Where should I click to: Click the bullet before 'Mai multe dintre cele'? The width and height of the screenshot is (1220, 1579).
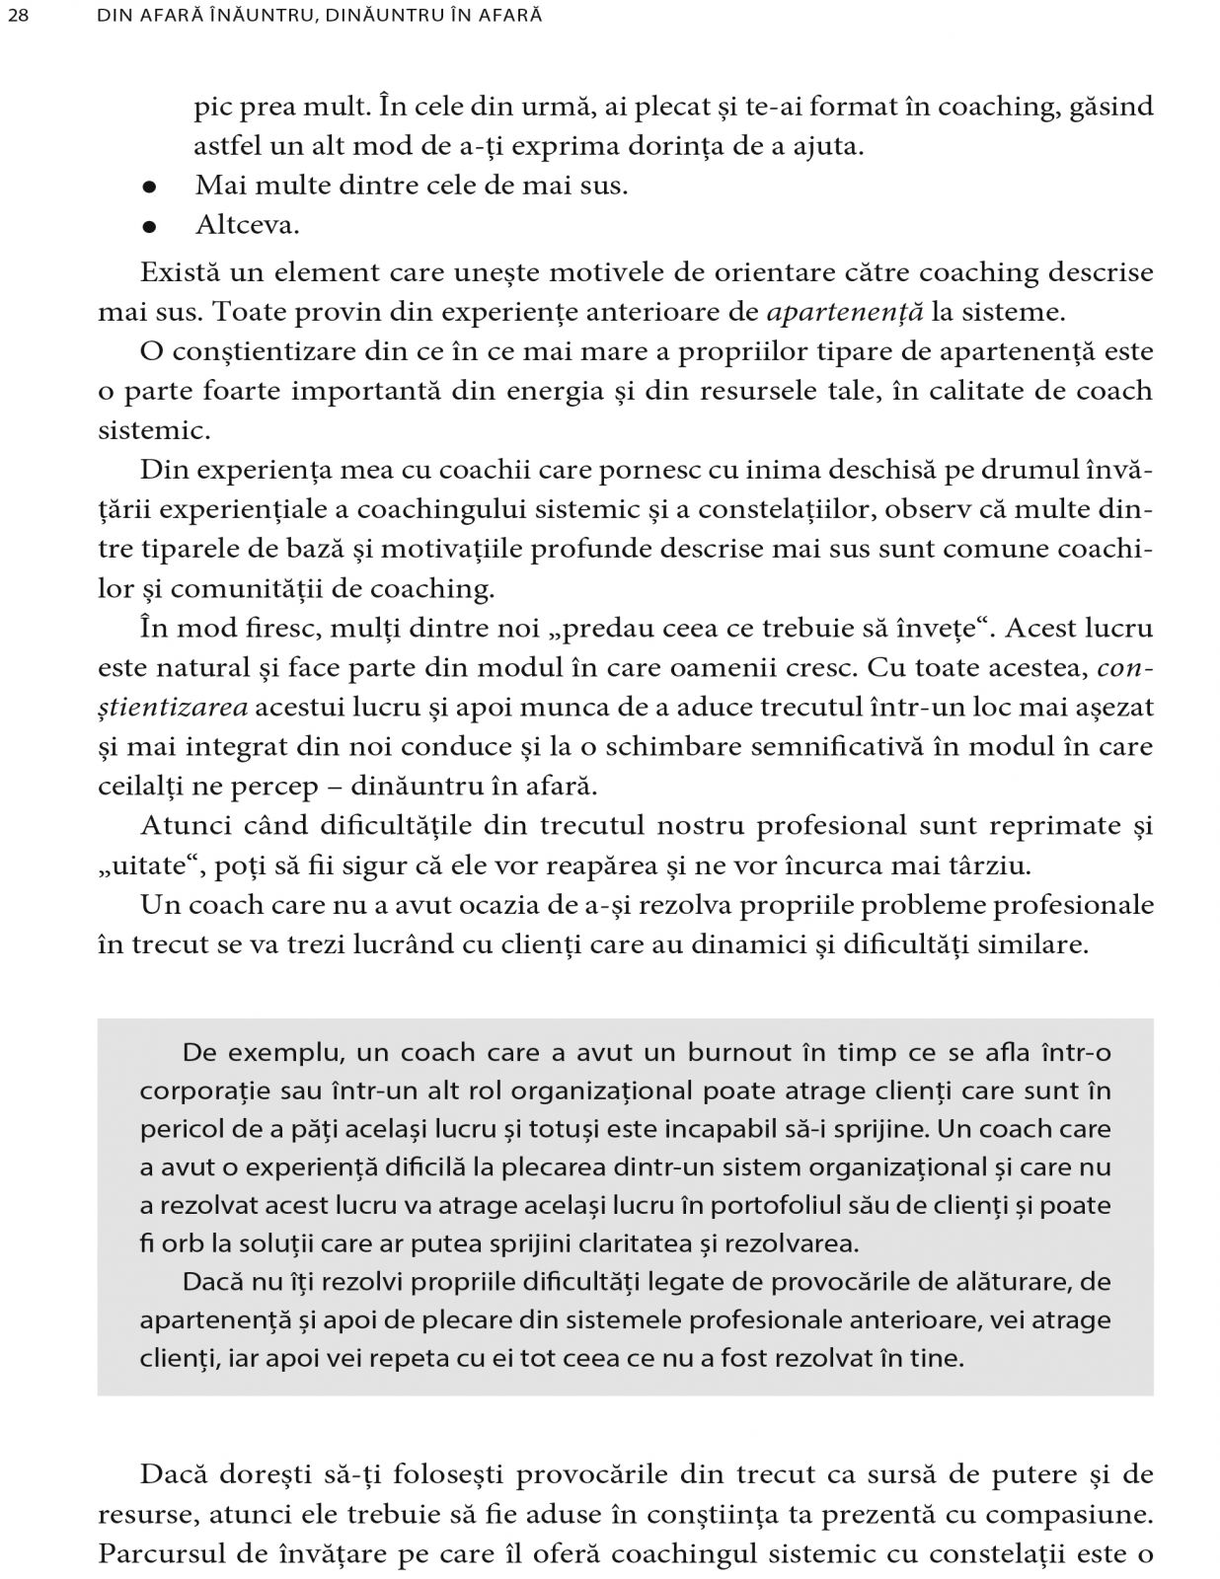[149, 187]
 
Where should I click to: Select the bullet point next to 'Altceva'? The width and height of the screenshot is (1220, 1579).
[149, 226]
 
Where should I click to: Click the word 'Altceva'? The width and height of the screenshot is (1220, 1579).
[247, 225]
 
